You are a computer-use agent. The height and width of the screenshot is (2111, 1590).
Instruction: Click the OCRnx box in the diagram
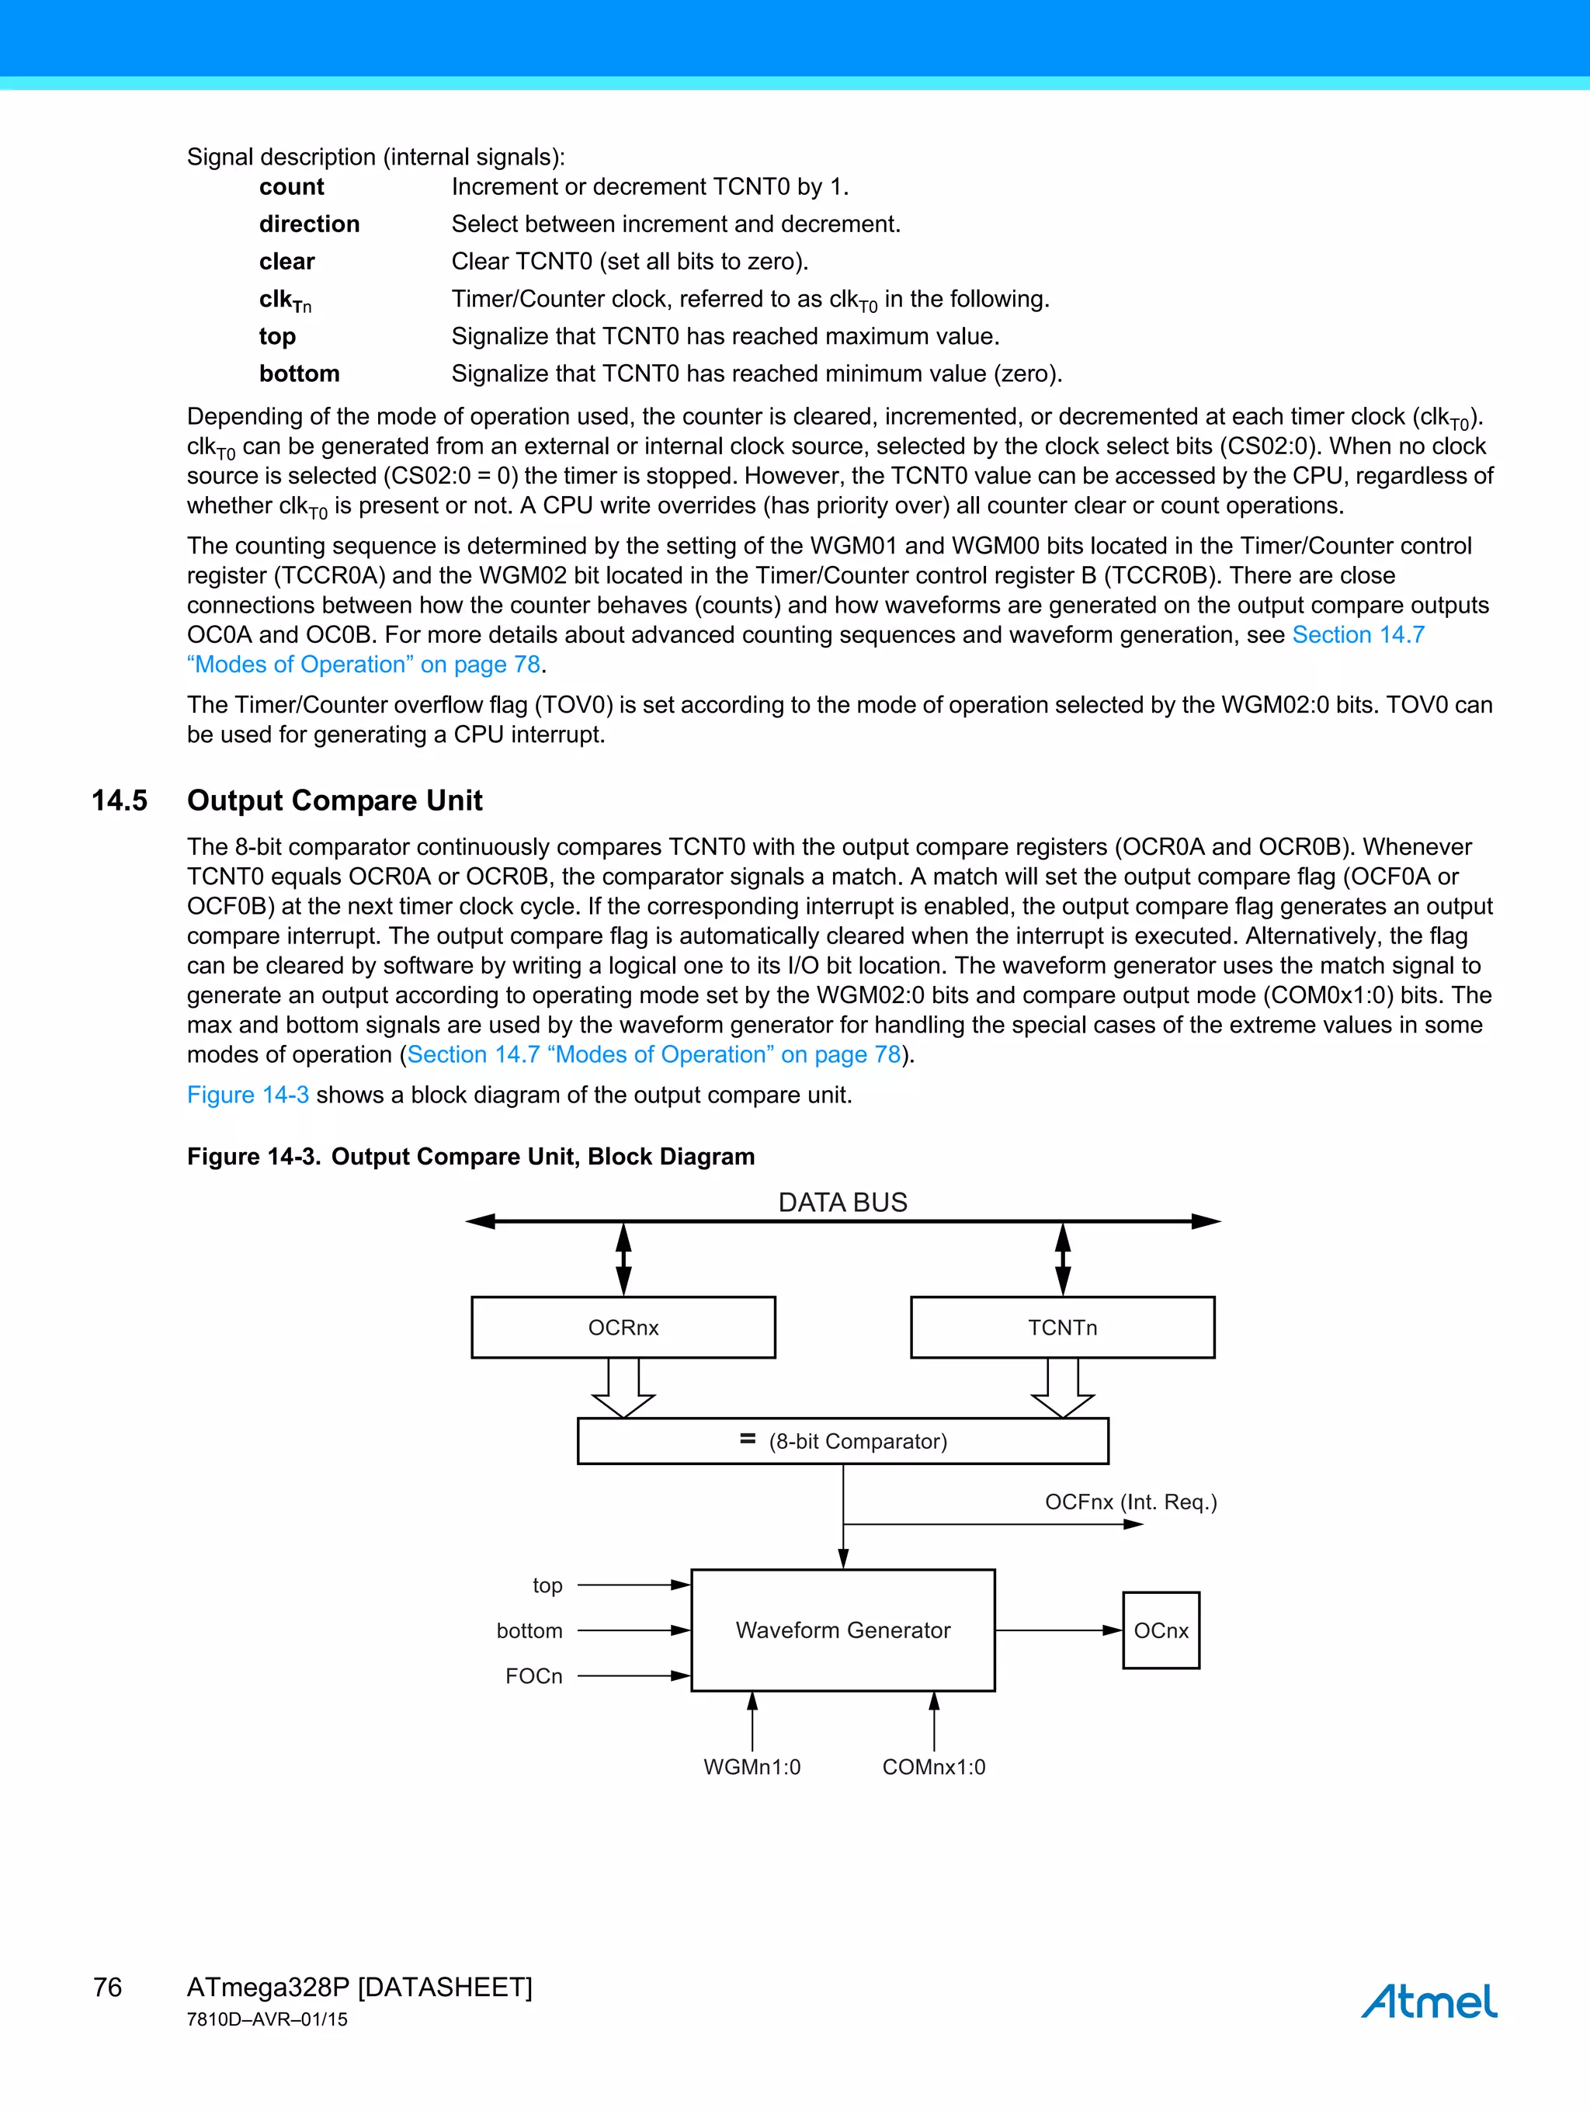pos(623,1327)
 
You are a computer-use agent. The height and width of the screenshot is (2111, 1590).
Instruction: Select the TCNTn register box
pos(1062,1327)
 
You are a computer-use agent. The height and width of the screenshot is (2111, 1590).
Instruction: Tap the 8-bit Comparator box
pos(842,1441)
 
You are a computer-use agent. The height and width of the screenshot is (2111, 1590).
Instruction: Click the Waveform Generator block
pos(842,1630)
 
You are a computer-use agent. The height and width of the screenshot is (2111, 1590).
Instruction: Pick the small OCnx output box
pos(1161,1630)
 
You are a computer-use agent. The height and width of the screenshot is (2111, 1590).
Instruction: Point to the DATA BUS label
pos(842,1203)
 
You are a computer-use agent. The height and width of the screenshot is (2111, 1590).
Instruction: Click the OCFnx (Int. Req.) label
pos(1131,1502)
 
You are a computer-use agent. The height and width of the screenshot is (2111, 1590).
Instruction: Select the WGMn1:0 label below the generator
pos(752,1766)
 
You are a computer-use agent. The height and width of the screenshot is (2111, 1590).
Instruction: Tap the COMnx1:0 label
pos(933,1766)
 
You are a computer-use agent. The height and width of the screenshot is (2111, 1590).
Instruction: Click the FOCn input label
pos(533,1675)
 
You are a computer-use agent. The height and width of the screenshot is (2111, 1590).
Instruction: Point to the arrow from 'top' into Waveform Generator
pos(634,1585)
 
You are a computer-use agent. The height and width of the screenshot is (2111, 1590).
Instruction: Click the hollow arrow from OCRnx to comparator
pos(623,1387)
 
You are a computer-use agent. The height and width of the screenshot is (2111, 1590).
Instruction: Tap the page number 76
pos(108,1987)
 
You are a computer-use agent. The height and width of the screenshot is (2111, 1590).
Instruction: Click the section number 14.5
pos(120,800)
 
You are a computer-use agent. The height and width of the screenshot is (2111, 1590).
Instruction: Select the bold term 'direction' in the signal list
pos(309,224)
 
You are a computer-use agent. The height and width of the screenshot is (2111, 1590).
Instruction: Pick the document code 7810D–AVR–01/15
pos(267,2019)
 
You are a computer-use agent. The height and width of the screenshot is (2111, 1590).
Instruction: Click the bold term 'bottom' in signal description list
pos(299,373)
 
